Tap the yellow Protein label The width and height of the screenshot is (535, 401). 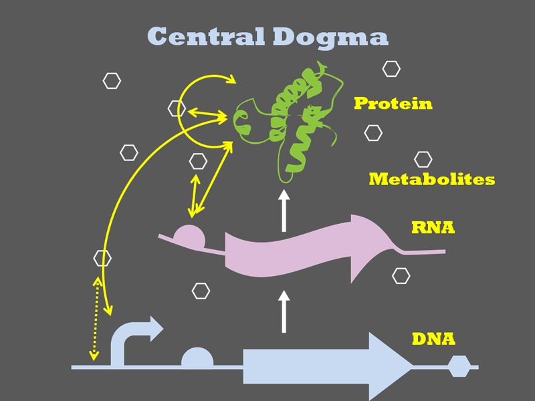393,104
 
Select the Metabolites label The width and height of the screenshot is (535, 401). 431,179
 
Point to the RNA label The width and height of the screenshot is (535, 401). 433,228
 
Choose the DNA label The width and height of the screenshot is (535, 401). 433,339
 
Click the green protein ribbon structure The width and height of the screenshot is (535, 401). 294,120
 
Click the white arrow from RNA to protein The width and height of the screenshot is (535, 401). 284,211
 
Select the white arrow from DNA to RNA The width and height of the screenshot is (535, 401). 284,311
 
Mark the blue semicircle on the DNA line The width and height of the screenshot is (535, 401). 197,359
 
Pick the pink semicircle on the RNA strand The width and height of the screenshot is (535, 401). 189,237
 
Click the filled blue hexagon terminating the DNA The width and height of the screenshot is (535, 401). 459,366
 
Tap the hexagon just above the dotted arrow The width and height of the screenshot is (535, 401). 102,258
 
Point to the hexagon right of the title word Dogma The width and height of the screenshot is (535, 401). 391,68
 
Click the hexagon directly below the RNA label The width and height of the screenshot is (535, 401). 401,275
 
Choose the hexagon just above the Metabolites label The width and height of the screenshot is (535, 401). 423,159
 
